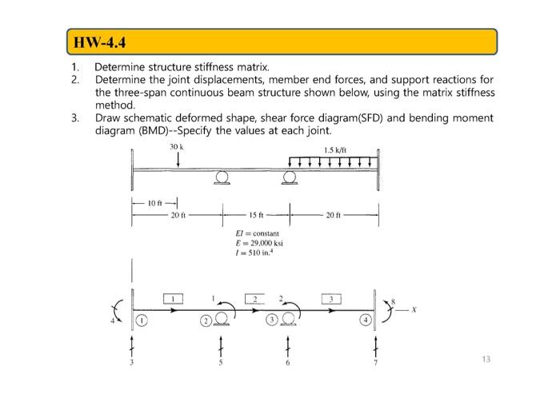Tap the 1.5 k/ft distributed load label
coord(334,149)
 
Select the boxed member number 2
coord(254,298)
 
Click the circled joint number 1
coord(141,320)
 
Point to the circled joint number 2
coord(204,320)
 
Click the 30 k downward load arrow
coord(178,160)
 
